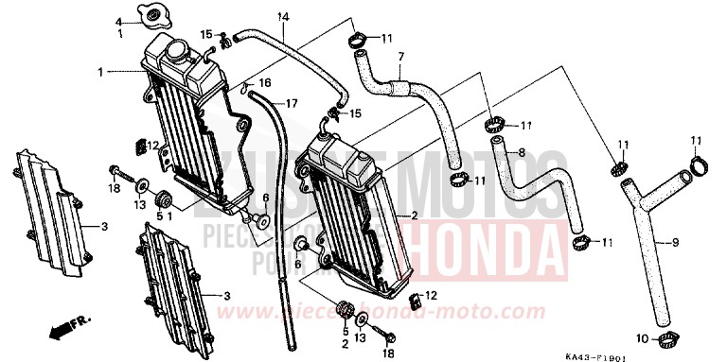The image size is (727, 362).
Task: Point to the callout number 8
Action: (x=521, y=151)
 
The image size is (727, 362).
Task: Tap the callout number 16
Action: (x=266, y=83)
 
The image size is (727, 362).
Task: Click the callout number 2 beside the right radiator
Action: (x=414, y=215)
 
